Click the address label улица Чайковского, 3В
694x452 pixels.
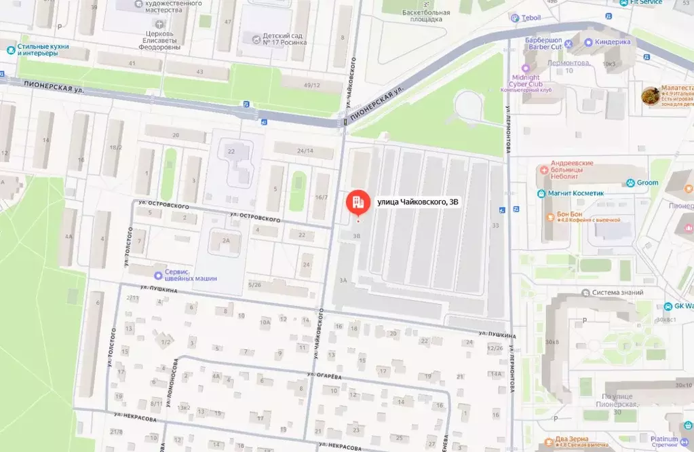(412, 202)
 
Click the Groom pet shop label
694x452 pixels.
(647, 183)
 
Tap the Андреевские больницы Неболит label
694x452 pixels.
(575, 169)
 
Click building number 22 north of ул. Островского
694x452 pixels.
(231, 151)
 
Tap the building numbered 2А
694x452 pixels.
(226, 240)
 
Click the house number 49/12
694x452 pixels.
(311, 85)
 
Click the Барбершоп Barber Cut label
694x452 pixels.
(544, 43)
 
